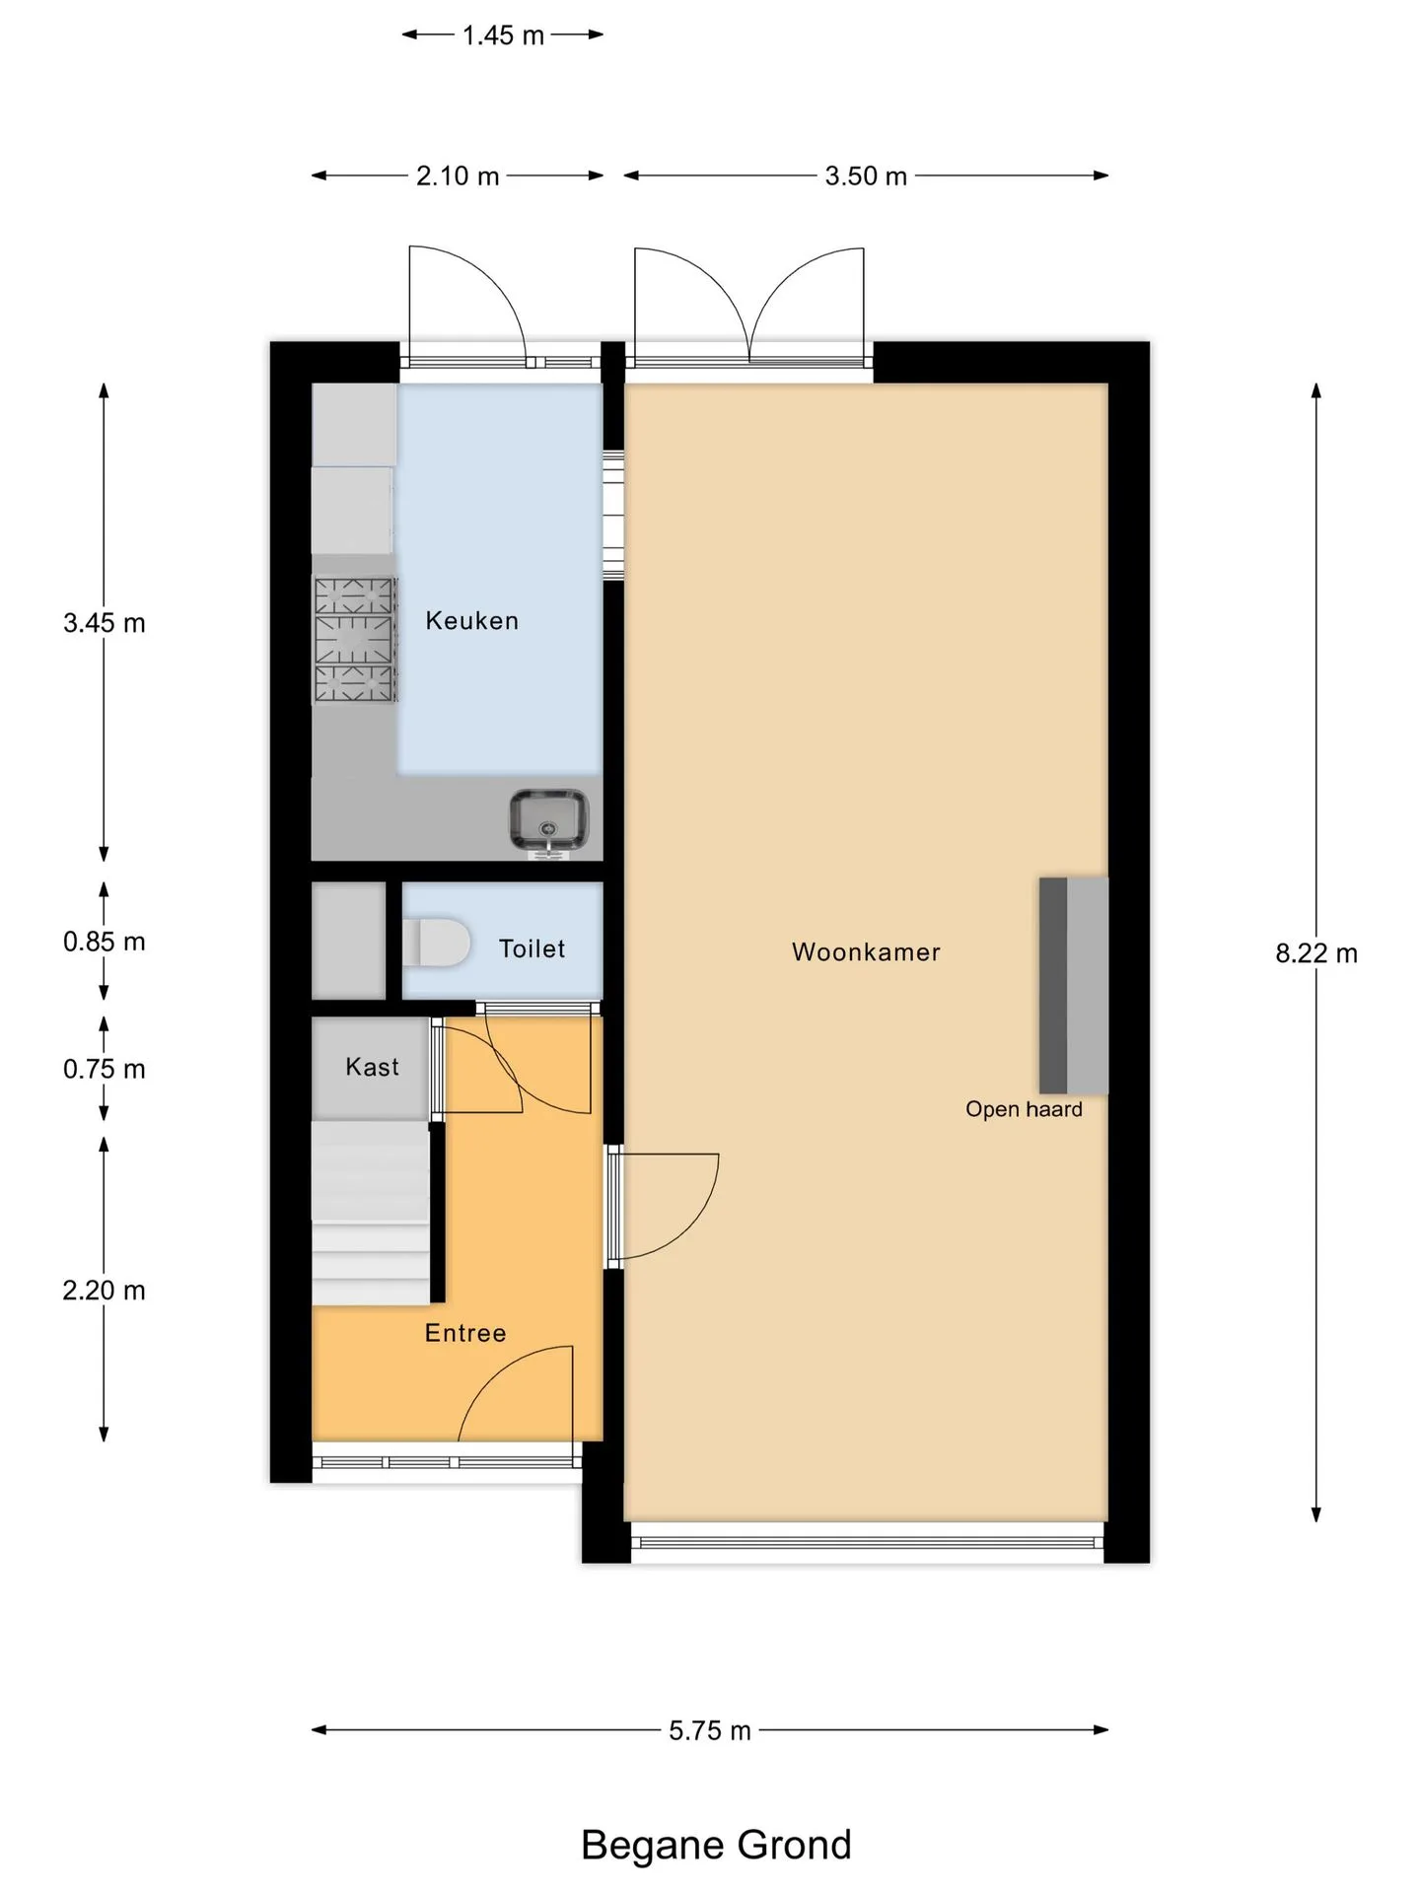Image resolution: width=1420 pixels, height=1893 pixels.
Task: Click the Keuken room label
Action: click(471, 620)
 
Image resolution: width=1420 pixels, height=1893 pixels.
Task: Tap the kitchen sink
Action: click(548, 819)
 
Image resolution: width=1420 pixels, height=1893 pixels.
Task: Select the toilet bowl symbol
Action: click(436, 943)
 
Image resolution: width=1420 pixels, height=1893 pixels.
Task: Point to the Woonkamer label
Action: click(866, 951)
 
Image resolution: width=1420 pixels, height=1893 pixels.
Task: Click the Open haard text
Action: click(1024, 1109)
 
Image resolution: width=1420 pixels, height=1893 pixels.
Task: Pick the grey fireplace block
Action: click(1074, 986)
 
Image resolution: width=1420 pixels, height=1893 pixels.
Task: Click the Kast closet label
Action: click(372, 1067)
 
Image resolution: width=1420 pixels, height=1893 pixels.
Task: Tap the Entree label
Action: click(465, 1333)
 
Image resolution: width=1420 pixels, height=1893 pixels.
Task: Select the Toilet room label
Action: click(532, 948)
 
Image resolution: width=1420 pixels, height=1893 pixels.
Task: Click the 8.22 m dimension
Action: click(1316, 953)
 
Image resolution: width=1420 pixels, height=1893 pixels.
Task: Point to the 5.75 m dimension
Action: click(710, 1730)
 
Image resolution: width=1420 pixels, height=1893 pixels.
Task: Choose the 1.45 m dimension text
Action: click(503, 35)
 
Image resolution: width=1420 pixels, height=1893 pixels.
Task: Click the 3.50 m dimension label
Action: click(866, 175)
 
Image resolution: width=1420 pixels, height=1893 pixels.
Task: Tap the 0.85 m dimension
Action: click(105, 942)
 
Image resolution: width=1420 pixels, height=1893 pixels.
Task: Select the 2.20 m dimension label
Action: click(105, 1291)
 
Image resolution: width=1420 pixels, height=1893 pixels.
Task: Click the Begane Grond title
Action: click(716, 1845)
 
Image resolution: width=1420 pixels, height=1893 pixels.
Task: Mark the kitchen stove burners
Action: click(355, 640)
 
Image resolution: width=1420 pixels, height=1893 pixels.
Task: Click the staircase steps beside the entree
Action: click(371, 1213)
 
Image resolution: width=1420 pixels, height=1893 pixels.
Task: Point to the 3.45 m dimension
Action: click(105, 623)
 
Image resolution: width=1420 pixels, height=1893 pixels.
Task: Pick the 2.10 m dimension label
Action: click(458, 175)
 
